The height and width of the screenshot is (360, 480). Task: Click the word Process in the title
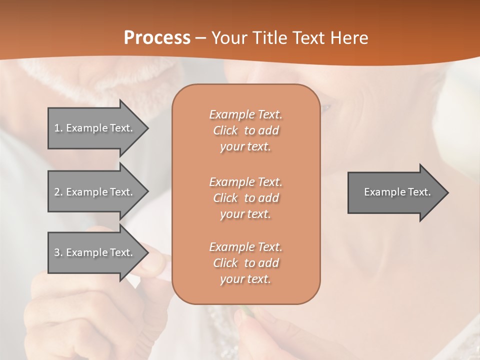click(x=157, y=38)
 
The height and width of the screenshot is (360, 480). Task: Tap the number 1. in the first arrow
click(x=58, y=128)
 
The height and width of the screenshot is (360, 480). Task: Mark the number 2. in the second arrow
click(x=58, y=192)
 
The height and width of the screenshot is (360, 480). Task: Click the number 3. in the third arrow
click(x=58, y=252)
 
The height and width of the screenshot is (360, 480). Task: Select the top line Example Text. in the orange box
click(x=245, y=114)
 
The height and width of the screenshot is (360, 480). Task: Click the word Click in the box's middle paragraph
click(x=225, y=198)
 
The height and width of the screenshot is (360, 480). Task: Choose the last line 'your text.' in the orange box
click(x=245, y=279)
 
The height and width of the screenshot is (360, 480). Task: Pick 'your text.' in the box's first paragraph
click(x=245, y=146)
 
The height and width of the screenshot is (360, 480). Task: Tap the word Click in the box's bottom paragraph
click(x=225, y=263)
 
